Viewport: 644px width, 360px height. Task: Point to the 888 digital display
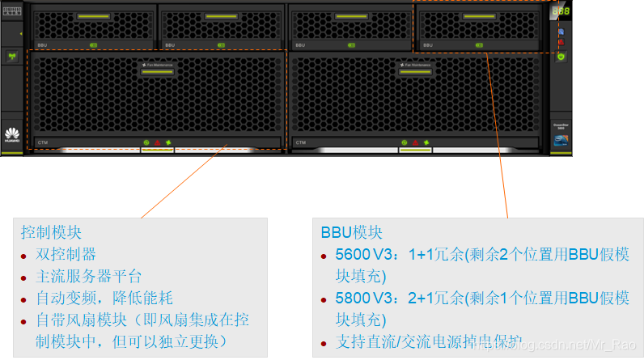[x=561, y=12]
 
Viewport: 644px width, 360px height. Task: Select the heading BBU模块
[x=351, y=233]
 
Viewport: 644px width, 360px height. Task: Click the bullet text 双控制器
[x=66, y=255]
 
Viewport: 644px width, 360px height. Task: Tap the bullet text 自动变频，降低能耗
[x=104, y=299]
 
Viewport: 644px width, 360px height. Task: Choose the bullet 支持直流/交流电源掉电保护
[x=429, y=341]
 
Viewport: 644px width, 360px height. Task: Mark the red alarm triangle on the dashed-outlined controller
[x=157, y=142]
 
